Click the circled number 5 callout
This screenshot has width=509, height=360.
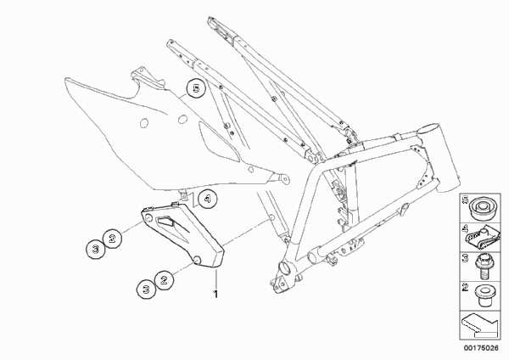196,88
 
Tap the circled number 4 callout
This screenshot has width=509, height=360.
208,199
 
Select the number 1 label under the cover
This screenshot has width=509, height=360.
215,295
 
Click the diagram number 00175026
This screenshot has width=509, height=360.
481,348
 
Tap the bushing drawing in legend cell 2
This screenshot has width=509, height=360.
484,295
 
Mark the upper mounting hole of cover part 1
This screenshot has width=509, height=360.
148,218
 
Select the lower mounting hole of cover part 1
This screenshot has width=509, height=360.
198,260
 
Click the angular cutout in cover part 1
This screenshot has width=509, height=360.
165,221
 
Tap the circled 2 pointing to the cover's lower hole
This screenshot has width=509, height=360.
164,279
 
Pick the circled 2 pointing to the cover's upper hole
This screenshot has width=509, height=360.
112,239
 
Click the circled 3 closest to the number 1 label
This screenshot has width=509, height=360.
147,289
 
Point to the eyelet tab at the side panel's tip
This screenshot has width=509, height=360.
282,178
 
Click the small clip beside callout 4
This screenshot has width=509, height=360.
184,196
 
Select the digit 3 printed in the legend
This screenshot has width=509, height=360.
466,258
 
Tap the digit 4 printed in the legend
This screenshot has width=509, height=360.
466,230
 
